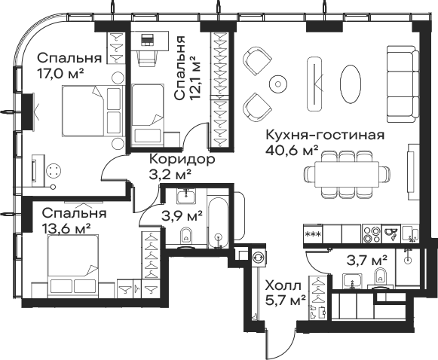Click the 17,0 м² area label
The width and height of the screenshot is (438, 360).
click(x=60, y=75)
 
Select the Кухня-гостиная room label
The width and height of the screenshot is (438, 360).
click(x=325, y=135)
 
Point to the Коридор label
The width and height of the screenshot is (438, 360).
click(x=182, y=160)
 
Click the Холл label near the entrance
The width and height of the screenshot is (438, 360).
click(x=283, y=285)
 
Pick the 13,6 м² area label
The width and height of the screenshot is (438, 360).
click(x=66, y=229)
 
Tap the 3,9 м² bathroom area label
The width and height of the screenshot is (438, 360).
click(x=182, y=215)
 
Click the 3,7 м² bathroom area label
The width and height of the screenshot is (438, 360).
click(x=367, y=261)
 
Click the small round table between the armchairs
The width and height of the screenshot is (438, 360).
click(x=278, y=84)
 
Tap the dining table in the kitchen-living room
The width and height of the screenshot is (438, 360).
click(x=347, y=174)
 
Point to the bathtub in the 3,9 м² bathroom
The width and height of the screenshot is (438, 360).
click(x=218, y=222)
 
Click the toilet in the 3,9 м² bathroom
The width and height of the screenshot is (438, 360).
click(x=185, y=237)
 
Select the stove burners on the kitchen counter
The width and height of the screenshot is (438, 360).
click(x=371, y=234)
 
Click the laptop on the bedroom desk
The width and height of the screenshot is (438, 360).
click(x=147, y=40)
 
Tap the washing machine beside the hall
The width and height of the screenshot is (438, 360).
click(x=259, y=258)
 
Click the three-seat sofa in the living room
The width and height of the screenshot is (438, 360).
click(x=403, y=84)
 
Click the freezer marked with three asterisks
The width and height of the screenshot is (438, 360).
click(x=313, y=234)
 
